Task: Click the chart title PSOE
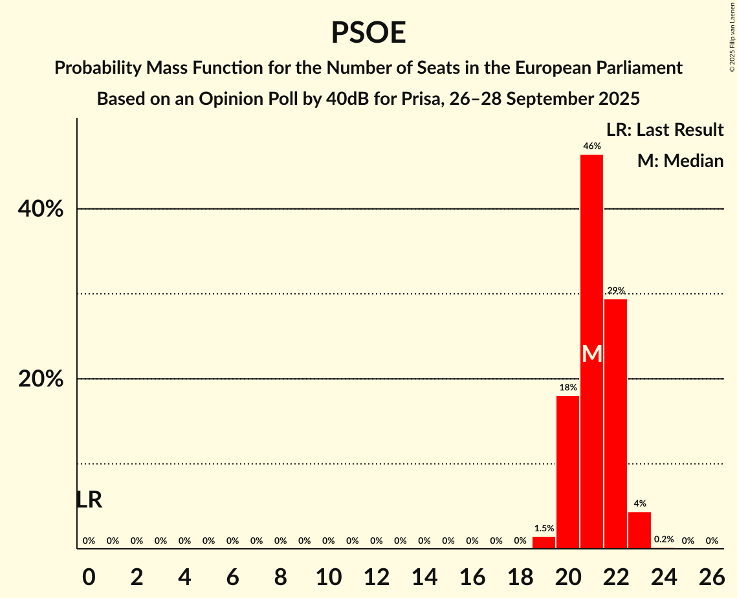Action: pos(368,33)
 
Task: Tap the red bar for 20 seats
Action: pos(567,472)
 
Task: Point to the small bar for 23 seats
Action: pos(639,530)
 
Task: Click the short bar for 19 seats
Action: pos(544,542)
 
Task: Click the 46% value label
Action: pos(591,146)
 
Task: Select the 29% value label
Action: pos(615,291)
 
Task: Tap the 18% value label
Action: pos(567,387)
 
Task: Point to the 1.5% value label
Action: pos(544,528)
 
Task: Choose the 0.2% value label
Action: pos(663,539)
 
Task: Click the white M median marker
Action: pos(591,353)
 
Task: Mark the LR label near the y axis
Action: pos(89,500)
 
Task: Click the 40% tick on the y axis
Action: pos(41,209)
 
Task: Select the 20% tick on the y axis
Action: pos(41,379)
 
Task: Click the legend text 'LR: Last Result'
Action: pos(665,130)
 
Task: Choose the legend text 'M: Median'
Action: pos(680,161)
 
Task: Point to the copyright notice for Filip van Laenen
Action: pos(732,36)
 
